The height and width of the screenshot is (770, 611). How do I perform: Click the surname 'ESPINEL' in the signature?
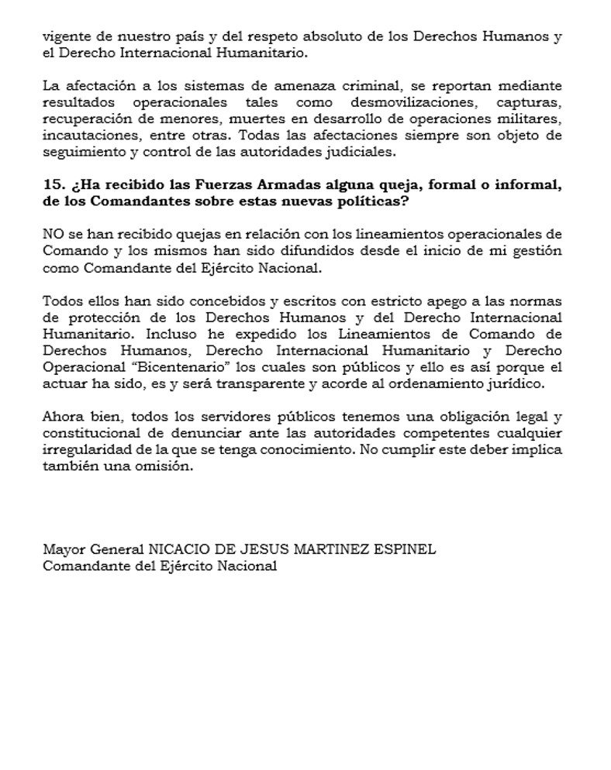point(405,549)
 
